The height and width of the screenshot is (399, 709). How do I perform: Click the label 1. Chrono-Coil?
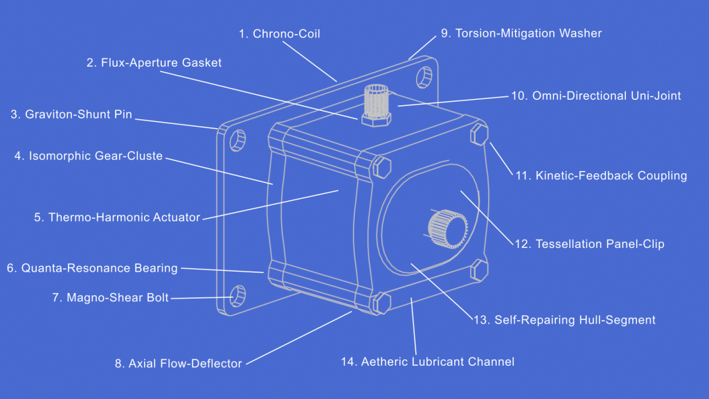pyautogui.click(x=279, y=34)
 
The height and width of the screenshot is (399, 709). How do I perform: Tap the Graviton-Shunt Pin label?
pyautogui.click(x=71, y=114)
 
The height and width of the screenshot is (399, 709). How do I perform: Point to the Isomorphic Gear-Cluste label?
pyautogui.click(x=89, y=156)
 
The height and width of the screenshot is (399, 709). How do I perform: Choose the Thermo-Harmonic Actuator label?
pyautogui.click(x=117, y=218)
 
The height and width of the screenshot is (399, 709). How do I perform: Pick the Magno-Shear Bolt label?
pyautogui.click(x=110, y=298)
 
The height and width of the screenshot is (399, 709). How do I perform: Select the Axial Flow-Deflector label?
pyautogui.click(x=178, y=363)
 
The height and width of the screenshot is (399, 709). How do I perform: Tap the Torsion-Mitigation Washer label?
pyautogui.click(x=521, y=33)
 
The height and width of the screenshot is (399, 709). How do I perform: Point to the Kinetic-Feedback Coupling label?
pyautogui.click(x=601, y=175)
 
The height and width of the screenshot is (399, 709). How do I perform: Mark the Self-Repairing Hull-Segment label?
pyautogui.click(x=564, y=320)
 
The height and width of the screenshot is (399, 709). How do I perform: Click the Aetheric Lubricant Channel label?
pyautogui.click(x=427, y=362)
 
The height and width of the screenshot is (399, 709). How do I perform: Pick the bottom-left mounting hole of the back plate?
pyautogui.click(x=236, y=294)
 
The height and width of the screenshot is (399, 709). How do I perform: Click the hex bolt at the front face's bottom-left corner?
pyautogui.click(x=382, y=303)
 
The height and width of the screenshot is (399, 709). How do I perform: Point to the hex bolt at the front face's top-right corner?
pyautogui.click(x=478, y=133)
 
